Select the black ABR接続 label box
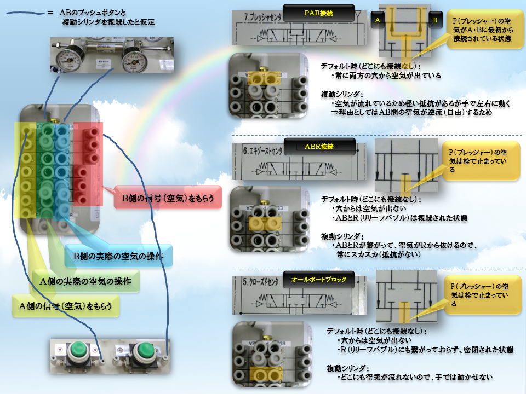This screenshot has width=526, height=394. (319, 147)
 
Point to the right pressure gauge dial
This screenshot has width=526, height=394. (133, 59)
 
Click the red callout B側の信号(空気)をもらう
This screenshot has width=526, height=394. (168, 198)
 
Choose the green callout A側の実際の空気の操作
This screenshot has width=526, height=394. (85, 282)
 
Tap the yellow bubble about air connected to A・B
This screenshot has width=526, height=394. (482, 32)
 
